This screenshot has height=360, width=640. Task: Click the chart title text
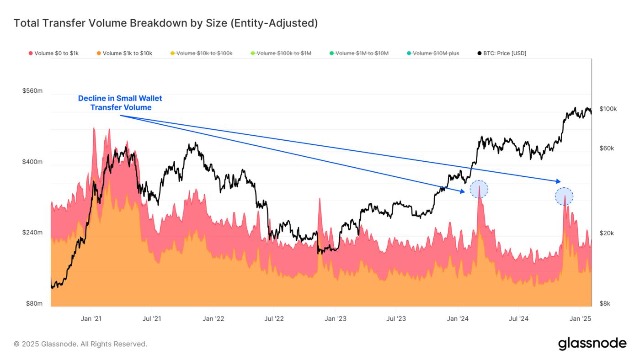click(x=165, y=23)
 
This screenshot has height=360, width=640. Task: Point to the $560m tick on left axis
click(x=32, y=91)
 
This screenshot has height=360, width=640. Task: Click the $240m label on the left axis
click(x=32, y=233)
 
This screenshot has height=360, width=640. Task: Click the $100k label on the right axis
click(x=608, y=109)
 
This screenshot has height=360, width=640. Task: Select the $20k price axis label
click(x=607, y=233)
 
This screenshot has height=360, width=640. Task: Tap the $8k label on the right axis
click(x=605, y=304)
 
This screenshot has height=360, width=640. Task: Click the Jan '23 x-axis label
click(x=335, y=319)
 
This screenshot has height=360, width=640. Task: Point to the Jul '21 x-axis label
click(x=151, y=319)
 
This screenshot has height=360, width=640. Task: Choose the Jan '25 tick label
click(x=580, y=319)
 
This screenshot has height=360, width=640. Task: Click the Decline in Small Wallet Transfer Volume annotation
click(x=120, y=103)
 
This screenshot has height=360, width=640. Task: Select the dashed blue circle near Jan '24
click(x=479, y=189)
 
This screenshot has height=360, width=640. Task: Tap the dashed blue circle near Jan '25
click(x=564, y=196)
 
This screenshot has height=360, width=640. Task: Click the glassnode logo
click(x=592, y=344)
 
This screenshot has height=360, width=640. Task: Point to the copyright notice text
click(x=80, y=344)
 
